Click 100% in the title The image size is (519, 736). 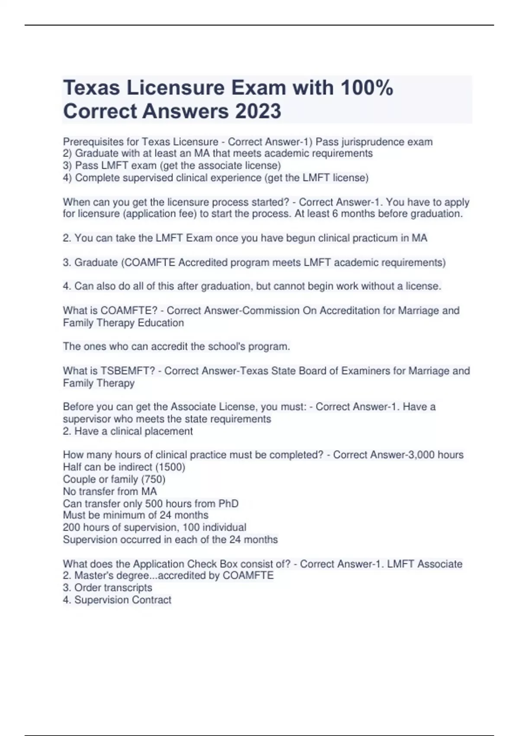[367, 88]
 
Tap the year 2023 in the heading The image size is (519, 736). [258, 111]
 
